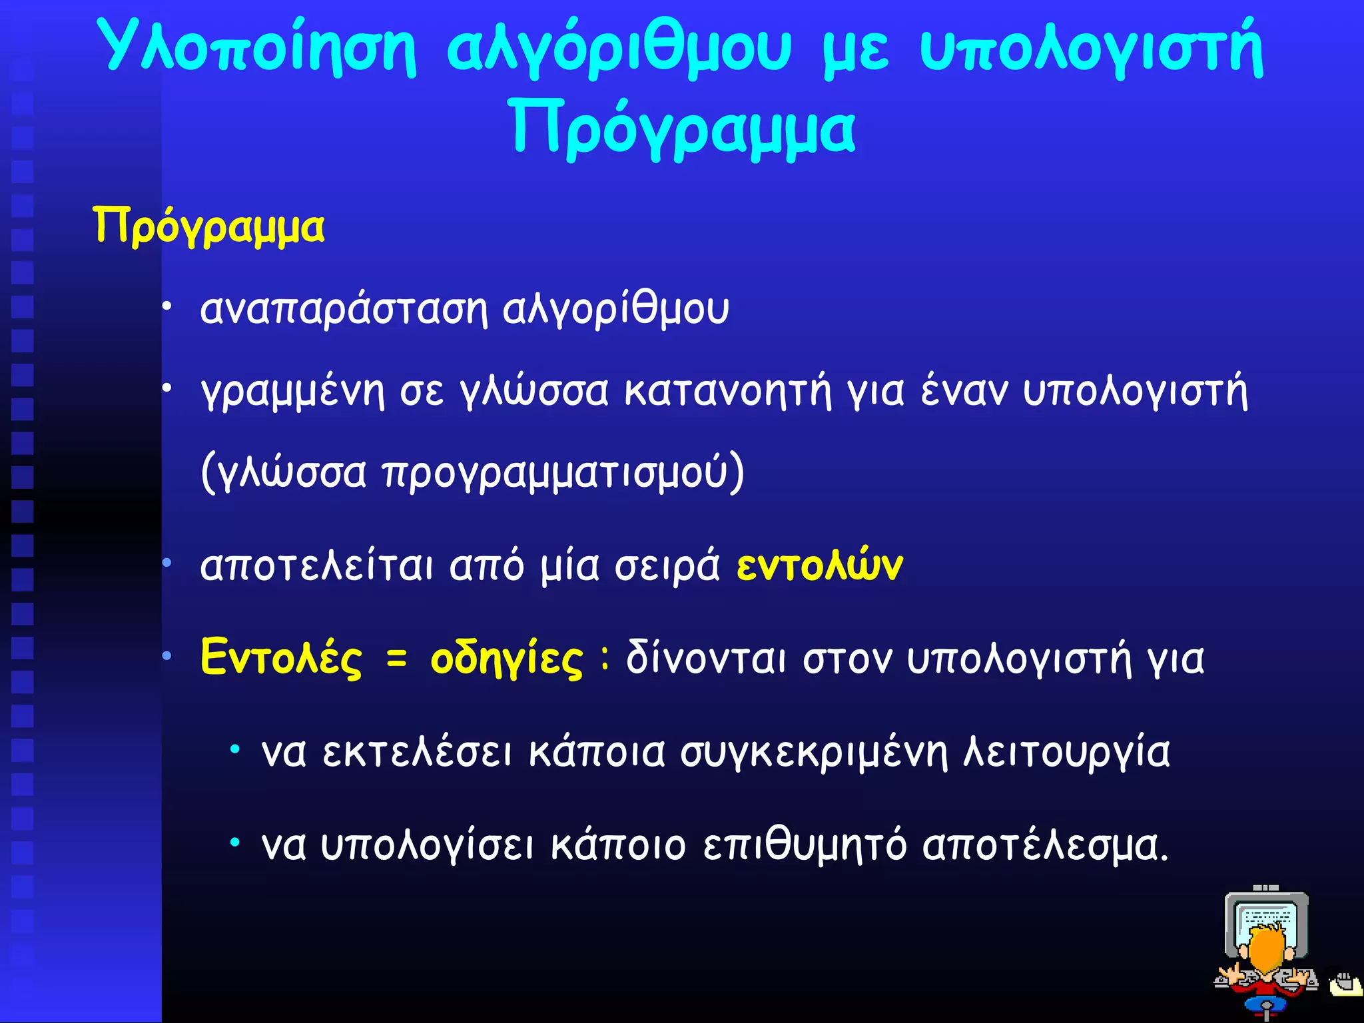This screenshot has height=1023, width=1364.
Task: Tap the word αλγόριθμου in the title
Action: [x=619, y=48]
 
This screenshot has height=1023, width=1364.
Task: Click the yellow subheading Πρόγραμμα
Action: [x=208, y=226]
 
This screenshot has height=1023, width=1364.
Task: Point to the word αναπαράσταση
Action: [x=344, y=309]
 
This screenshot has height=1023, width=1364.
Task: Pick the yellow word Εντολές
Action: [x=281, y=658]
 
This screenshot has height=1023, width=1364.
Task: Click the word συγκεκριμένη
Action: [x=814, y=753]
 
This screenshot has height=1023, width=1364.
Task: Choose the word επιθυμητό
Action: [x=804, y=846]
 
